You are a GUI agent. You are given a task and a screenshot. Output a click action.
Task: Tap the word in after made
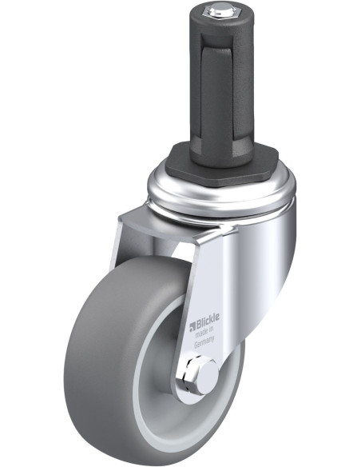211,329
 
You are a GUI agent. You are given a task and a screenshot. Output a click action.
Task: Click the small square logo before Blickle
192,327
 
